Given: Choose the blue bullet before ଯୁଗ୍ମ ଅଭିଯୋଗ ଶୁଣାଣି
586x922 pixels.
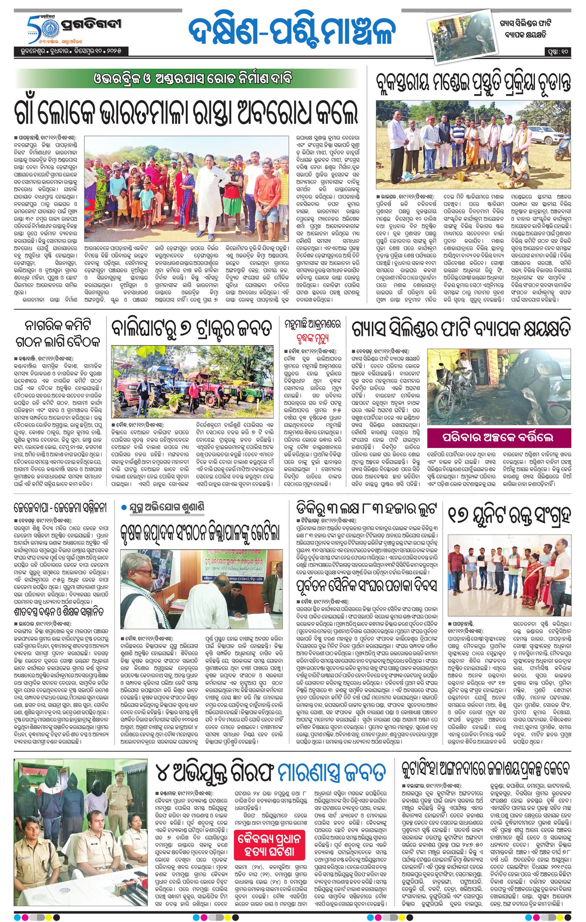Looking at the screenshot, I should (123, 508).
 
